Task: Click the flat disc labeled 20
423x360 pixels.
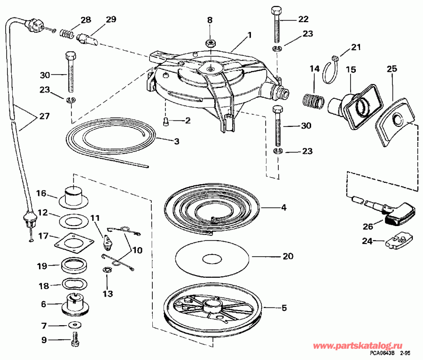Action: tap(211, 259)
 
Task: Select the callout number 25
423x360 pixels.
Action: tap(392, 69)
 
